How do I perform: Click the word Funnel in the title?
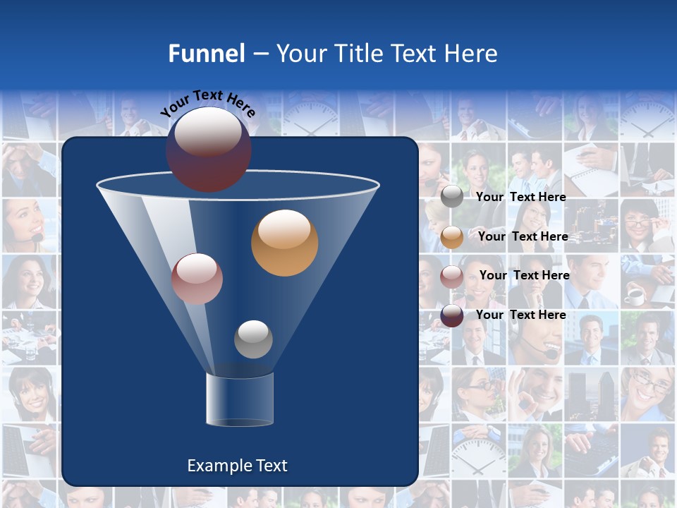click(x=206, y=54)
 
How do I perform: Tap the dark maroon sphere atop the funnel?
click(x=209, y=150)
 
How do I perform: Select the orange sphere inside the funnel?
click(x=285, y=243)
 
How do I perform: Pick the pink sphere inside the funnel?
click(x=197, y=279)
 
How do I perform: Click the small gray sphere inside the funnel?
click(x=253, y=339)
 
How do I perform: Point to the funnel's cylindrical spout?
click(x=240, y=399)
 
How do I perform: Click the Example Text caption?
click(x=238, y=466)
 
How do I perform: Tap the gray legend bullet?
click(x=452, y=197)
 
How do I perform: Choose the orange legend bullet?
click(x=452, y=236)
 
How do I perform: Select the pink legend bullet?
click(x=452, y=276)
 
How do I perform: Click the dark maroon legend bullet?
click(x=452, y=315)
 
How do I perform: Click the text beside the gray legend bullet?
click(x=521, y=197)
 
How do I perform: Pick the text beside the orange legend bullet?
click(x=523, y=236)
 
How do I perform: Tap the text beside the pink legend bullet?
click(x=524, y=275)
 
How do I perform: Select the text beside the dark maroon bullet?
click(x=521, y=315)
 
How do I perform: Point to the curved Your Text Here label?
click(x=207, y=103)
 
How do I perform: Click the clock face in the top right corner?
click(x=647, y=116)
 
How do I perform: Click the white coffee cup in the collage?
click(x=635, y=297)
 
